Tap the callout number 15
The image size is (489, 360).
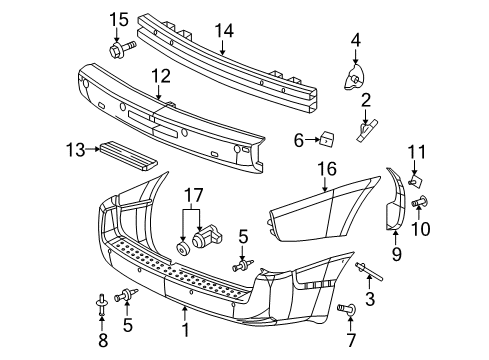(x=119, y=19)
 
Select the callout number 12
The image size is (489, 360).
(x=161, y=76)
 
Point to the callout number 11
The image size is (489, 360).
(x=420, y=151)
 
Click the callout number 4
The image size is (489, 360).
(x=355, y=41)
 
